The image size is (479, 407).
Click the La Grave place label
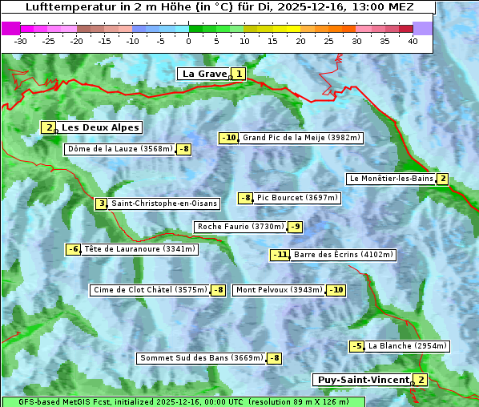(x=204, y=74)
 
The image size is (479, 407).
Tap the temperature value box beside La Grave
(x=239, y=74)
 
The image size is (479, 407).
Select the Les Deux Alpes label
(x=100, y=127)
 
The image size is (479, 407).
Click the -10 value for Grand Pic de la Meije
(x=229, y=138)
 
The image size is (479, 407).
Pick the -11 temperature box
(x=280, y=255)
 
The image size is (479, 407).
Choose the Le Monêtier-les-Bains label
(x=390, y=179)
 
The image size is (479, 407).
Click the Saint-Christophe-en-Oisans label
(x=163, y=203)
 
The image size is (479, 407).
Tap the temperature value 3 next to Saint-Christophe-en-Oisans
(x=101, y=203)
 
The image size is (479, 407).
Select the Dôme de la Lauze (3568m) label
(x=120, y=149)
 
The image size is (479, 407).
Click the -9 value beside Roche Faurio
(x=296, y=227)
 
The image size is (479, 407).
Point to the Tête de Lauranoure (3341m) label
(x=139, y=249)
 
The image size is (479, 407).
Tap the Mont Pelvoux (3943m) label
(x=279, y=290)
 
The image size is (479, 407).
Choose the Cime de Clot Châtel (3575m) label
(x=150, y=290)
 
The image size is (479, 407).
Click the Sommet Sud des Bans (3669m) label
(x=201, y=358)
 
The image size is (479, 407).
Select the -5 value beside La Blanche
(x=356, y=346)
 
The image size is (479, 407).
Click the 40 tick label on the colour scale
(x=413, y=40)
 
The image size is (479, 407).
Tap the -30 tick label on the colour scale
(x=21, y=40)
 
